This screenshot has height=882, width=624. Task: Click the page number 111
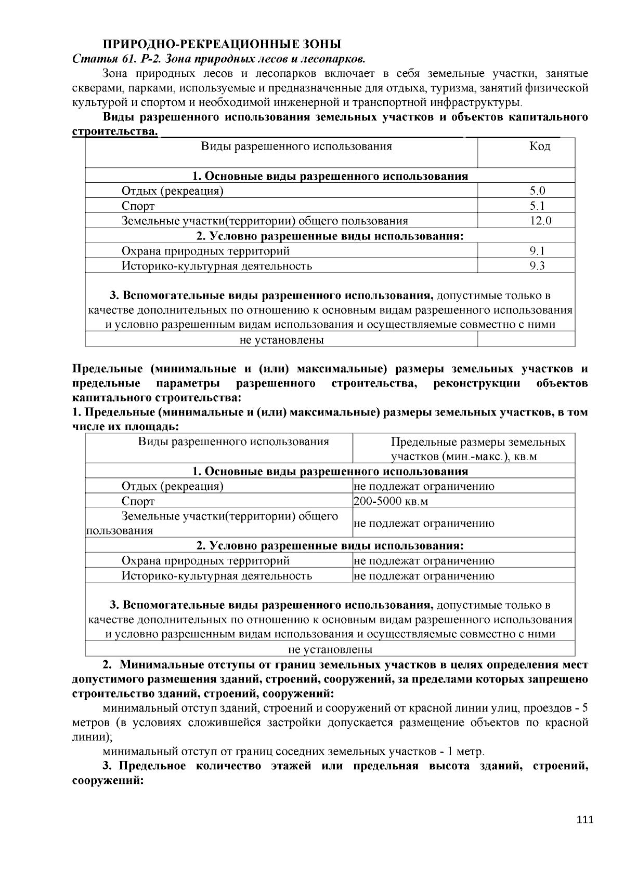(x=584, y=820)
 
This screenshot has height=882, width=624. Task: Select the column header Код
(x=540, y=146)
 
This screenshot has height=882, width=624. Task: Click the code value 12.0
(x=540, y=221)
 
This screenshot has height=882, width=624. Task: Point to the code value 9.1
(x=537, y=251)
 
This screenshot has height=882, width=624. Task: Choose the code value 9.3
(x=537, y=266)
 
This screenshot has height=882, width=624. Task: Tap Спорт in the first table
(x=138, y=206)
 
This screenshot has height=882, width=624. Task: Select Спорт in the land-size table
(x=138, y=502)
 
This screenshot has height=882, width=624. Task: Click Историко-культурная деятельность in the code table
(x=216, y=266)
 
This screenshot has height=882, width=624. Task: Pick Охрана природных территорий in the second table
(x=205, y=561)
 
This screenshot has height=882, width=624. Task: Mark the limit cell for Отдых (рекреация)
(x=424, y=487)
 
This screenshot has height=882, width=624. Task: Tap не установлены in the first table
(x=281, y=340)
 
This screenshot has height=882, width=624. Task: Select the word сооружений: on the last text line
(x=107, y=781)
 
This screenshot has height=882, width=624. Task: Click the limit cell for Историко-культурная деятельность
(x=424, y=576)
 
